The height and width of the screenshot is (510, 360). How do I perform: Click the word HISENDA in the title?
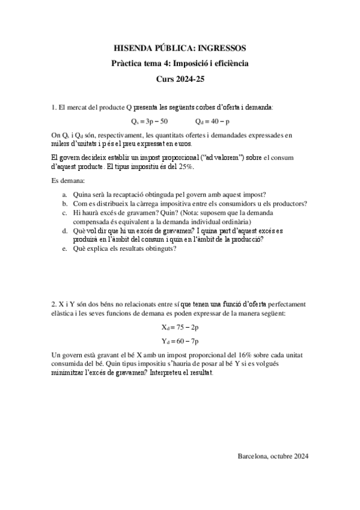click(x=133, y=48)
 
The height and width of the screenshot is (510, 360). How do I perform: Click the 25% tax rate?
click(x=186, y=167)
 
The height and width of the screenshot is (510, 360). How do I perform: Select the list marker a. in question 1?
click(x=65, y=195)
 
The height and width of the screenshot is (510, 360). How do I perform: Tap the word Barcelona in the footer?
click(x=255, y=456)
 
